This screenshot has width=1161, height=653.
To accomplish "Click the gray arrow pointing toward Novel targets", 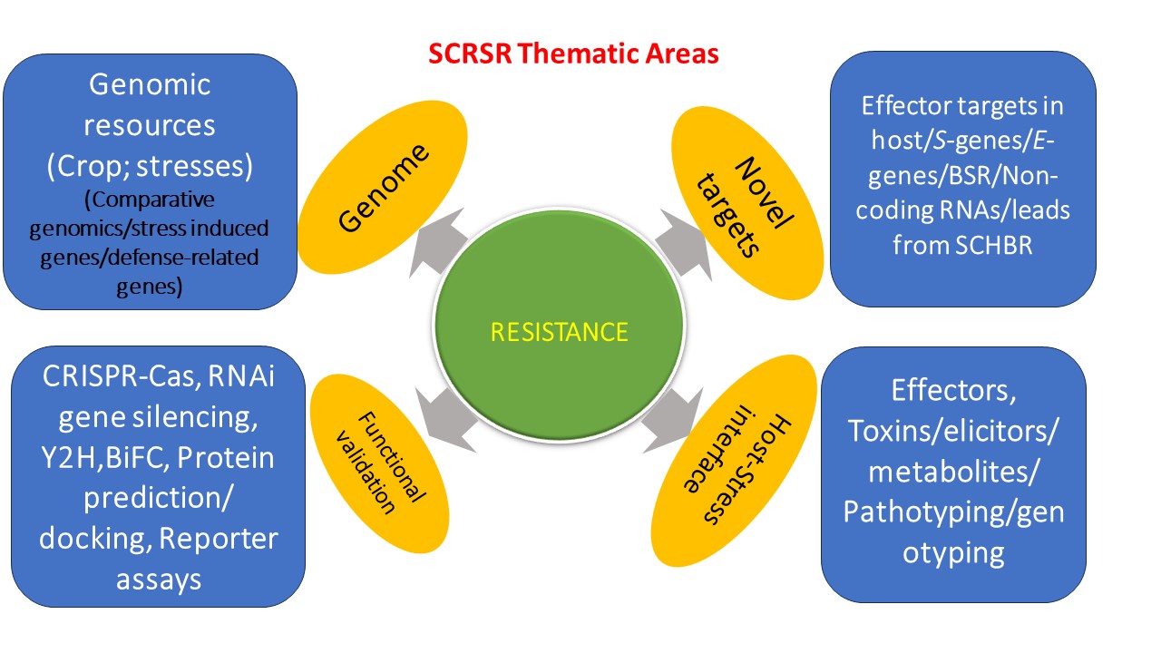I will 679,242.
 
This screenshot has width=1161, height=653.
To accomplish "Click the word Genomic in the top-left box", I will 150,85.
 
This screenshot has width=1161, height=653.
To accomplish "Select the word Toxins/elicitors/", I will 952,432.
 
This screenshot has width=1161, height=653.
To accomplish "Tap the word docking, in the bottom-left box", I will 94,539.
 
